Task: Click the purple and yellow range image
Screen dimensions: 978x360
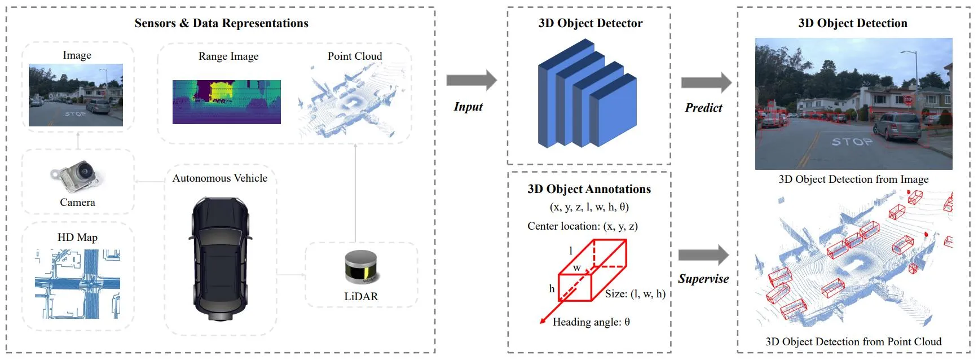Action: pos(227,102)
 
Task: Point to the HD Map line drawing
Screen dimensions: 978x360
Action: pos(78,284)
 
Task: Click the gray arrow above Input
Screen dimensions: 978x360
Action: pos(472,80)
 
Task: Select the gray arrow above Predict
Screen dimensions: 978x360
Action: pos(706,83)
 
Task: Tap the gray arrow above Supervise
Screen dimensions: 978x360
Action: pos(703,255)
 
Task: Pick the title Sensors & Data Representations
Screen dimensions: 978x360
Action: pos(221,23)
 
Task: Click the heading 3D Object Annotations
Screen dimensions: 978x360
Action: pos(589,189)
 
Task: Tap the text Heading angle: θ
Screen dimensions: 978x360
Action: pos(591,322)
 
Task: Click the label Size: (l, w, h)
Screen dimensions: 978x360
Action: pos(635,294)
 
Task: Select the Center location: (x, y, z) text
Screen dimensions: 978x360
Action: pos(583,226)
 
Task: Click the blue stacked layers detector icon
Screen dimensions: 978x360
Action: pos(587,93)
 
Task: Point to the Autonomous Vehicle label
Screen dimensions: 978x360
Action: pos(220,178)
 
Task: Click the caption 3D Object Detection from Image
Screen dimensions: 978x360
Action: pos(853,179)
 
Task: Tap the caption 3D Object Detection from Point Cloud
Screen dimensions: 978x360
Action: pos(853,342)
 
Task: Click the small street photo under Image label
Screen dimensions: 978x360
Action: pos(76,95)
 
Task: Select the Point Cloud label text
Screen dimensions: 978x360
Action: pos(355,56)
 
